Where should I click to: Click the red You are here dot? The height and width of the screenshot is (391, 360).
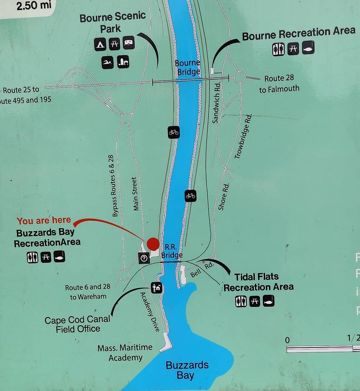pos(153,243)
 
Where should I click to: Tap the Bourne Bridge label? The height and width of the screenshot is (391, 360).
pos(187,67)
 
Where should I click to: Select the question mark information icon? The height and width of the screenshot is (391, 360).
pos(144,258)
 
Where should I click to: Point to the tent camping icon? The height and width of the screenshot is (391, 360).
pos(100,44)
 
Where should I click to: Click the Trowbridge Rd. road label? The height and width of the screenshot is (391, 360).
pos(243,136)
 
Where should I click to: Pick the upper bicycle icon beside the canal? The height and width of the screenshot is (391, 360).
pos(174,132)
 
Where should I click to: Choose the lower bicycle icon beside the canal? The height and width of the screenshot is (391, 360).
pos(190,196)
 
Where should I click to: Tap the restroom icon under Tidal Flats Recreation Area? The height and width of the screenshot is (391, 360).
pos(241,301)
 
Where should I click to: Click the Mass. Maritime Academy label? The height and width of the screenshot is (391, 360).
pos(125,353)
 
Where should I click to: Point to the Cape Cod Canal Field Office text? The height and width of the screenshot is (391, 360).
pos(78,324)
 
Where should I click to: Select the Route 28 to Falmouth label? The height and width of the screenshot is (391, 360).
pos(279,84)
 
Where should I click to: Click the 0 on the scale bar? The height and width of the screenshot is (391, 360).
pos(288,340)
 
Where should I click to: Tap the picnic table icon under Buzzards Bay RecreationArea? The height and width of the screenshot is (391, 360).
pos(46,258)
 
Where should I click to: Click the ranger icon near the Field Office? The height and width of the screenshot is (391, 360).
pos(156,288)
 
